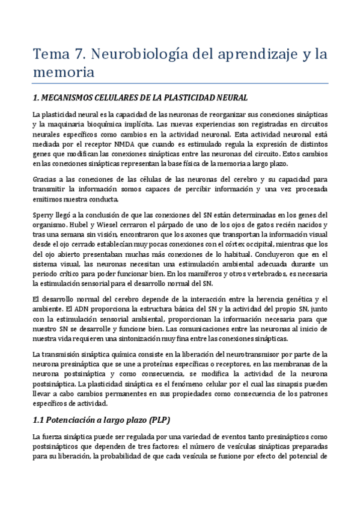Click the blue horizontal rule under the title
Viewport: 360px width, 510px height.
coord(180,83)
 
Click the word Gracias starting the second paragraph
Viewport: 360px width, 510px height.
coord(45,180)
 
